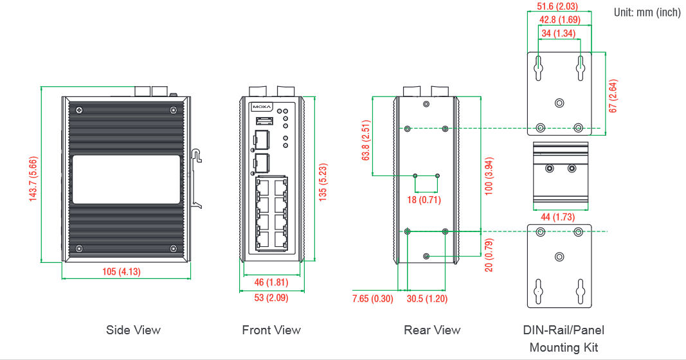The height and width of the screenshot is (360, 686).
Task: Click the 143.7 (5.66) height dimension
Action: point(33,179)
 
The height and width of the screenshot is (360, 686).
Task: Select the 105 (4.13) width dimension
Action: point(122,271)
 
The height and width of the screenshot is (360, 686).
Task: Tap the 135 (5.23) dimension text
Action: point(323,183)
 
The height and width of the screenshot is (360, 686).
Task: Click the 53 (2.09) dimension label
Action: point(271,298)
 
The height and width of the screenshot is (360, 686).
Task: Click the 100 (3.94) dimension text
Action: point(489,176)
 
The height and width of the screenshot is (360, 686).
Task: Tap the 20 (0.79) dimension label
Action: point(489,255)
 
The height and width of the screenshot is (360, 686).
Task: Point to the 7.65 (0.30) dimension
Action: point(372,298)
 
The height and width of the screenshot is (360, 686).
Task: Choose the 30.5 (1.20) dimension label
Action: point(427,298)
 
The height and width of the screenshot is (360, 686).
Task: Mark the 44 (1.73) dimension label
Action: point(557,217)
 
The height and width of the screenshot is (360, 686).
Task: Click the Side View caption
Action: point(133,330)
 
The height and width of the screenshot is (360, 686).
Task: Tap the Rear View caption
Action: point(432,330)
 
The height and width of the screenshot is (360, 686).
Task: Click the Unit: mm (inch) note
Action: point(647,12)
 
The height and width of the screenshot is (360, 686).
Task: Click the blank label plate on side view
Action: point(126,179)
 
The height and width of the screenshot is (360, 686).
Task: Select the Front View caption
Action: point(271,330)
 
